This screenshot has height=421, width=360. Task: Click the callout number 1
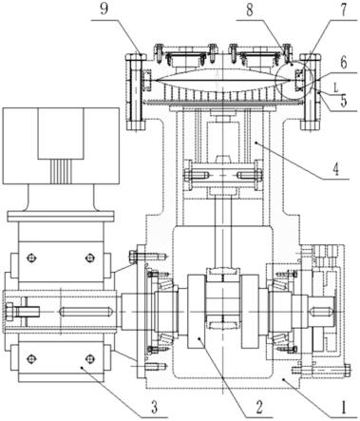click(x=344, y=408)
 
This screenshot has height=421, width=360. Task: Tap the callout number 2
click(x=259, y=408)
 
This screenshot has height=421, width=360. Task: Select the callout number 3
click(x=154, y=407)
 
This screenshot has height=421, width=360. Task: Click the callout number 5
click(x=344, y=101)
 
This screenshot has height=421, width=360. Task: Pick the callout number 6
click(x=344, y=63)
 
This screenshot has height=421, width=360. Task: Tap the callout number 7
click(x=344, y=10)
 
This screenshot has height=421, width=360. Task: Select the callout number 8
click(x=250, y=10)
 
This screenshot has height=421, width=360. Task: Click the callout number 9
click(x=104, y=10)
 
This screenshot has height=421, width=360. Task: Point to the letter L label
click(x=336, y=86)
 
